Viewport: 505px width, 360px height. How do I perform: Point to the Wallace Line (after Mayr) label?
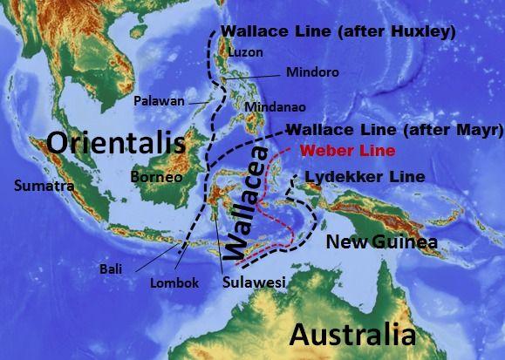394,131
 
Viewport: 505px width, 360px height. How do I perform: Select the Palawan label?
159,101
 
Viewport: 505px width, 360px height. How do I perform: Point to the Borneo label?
155,178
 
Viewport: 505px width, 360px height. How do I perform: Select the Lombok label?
174,283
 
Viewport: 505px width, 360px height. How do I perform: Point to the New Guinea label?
381,241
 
